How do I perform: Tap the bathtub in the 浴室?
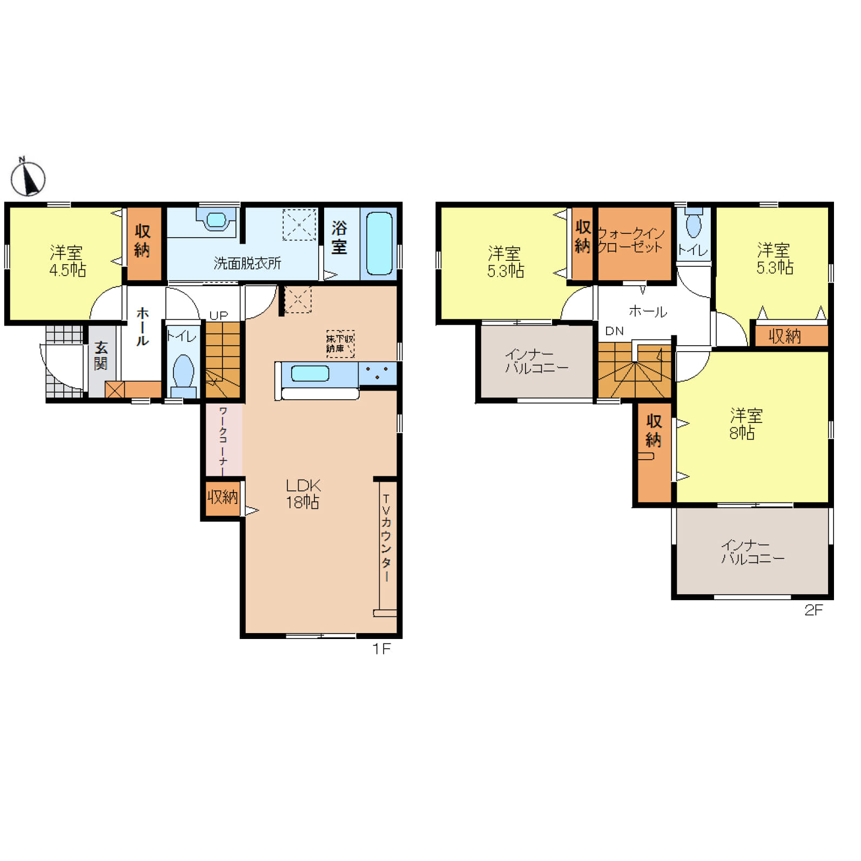(x=379, y=244)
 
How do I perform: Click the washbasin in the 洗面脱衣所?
(x=216, y=220)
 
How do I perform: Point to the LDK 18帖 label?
(x=303, y=494)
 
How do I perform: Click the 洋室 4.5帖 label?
(x=67, y=261)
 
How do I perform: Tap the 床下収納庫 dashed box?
(x=340, y=344)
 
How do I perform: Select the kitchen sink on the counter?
(x=310, y=373)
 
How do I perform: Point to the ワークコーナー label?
(x=223, y=441)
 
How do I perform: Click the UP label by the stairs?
(x=219, y=315)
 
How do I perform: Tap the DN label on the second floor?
(x=614, y=331)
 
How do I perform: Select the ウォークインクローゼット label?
(x=630, y=240)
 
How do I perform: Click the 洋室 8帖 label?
(x=746, y=424)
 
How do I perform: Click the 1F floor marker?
(x=381, y=649)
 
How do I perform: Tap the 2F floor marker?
(x=813, y=610)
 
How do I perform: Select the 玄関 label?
(x=101, y=356)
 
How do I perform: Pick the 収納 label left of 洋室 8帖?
(x=654, y=430)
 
